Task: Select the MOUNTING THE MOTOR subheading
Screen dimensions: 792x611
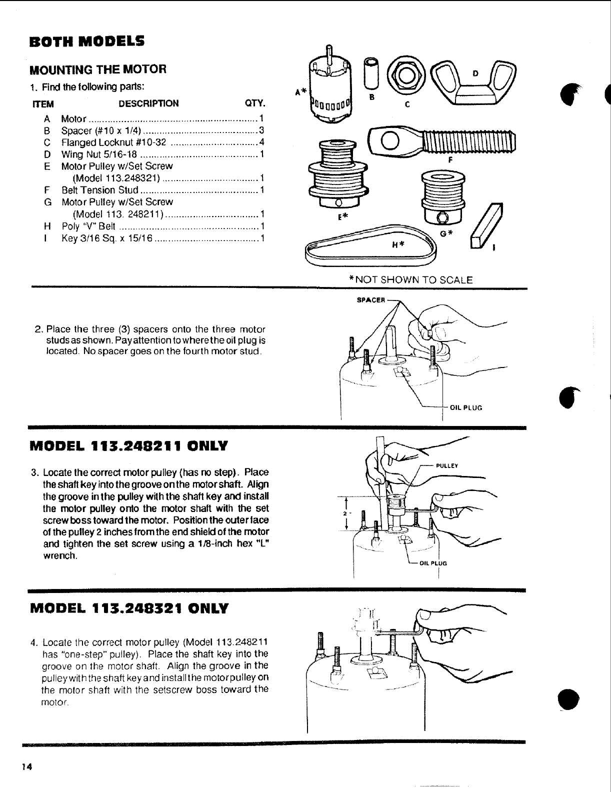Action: [98, 69]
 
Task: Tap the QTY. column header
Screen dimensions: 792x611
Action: [253, 103]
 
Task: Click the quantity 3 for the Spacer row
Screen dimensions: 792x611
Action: [261, 131]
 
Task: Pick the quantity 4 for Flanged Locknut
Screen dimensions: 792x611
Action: [261, 142]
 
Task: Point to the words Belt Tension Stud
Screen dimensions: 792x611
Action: [99, 190]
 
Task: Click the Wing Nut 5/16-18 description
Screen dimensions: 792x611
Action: [99, 154]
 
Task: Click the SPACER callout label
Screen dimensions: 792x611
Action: [370, 300]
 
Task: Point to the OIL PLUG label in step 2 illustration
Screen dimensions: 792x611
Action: [465, 407]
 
